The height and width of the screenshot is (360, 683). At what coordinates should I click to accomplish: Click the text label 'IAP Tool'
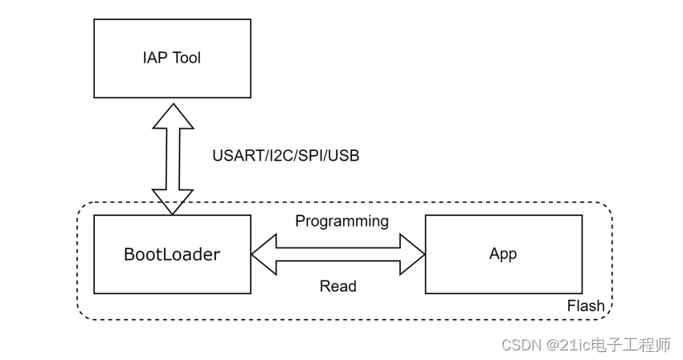coord(172,58)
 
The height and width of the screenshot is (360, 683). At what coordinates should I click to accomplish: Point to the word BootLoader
coord(172,255)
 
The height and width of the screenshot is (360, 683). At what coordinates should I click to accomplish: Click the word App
coord(503,254)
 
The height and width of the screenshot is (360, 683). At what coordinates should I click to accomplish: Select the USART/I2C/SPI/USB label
coord(285,156)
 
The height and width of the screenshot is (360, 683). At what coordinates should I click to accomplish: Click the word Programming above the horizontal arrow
coord(341,221)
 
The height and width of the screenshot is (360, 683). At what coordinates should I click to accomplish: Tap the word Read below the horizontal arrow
coord(337,286)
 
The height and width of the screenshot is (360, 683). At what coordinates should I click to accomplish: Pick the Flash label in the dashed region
coord(586,306)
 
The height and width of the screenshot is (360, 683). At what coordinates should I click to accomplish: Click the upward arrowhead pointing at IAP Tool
coord(173,114)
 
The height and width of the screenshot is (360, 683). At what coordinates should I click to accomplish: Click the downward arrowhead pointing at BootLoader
coord(173,202)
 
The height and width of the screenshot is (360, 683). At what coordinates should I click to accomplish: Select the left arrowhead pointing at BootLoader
coord(264,254)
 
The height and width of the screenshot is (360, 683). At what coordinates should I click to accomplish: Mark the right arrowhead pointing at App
coord(412,254)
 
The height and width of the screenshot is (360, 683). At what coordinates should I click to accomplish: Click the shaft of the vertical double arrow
coord(173,158)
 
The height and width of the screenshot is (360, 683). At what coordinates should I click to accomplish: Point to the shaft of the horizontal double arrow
coord(337,254)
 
